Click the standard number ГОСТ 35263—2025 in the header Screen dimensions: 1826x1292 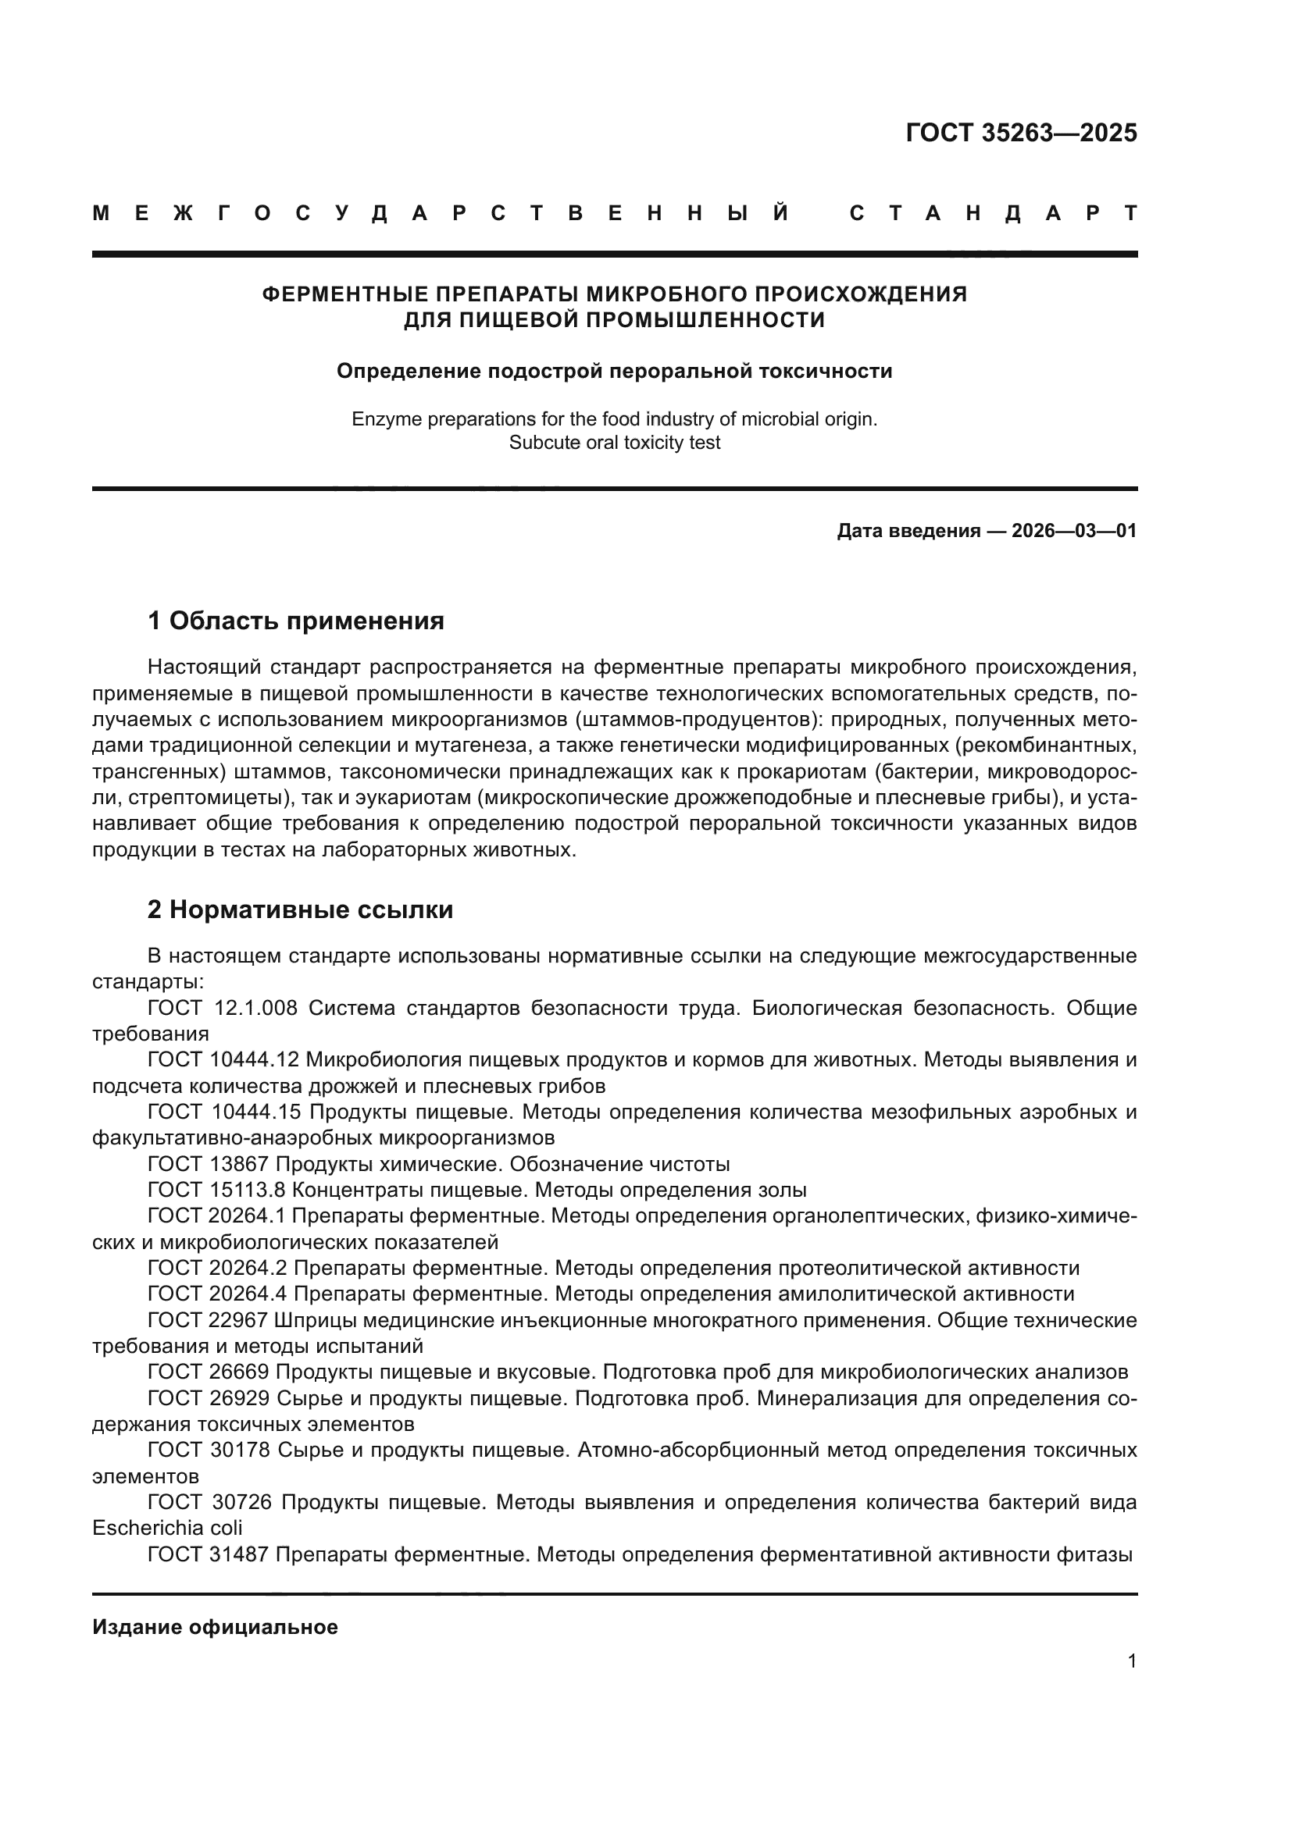[1021, 133]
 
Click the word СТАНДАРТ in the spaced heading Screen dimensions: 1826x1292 [994, 213]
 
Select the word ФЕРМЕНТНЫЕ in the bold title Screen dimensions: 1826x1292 [345, 294]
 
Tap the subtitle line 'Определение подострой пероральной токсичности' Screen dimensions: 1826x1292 [614, 371]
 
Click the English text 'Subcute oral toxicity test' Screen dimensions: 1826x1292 [614, 442]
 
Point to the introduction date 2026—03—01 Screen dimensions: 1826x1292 [1074, 530]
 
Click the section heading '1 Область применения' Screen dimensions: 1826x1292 [296, 621]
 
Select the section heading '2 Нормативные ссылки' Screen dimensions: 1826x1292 [300, 909]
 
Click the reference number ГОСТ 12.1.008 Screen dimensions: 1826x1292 [222, 1009]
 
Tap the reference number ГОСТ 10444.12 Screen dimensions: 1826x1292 [223, 1060]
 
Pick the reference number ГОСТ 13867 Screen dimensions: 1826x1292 [208, 1164]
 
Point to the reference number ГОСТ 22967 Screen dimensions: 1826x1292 [208, 1320]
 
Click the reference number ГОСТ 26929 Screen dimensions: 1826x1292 [209, 1398]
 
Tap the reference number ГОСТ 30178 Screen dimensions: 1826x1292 [209, 1450]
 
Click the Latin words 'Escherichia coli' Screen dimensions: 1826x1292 [167, 1528]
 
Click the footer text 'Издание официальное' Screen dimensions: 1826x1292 [215, 1627]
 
